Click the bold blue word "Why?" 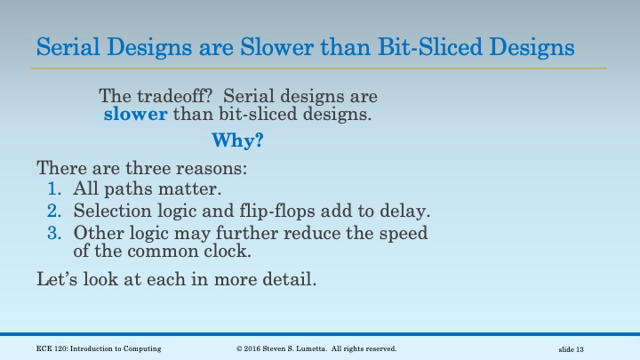click(237, 140)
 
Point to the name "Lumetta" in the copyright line click(322, 348)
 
